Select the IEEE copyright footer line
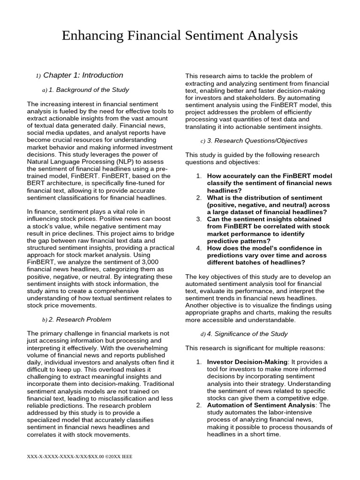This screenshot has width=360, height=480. (x=79, y=456)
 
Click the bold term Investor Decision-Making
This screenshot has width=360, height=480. (x=247, y=362)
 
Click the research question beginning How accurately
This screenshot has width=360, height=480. (x=269, y=183)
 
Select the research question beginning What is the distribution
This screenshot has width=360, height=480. (x=267, y=205)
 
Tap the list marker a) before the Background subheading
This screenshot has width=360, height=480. (x=45, y=90)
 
